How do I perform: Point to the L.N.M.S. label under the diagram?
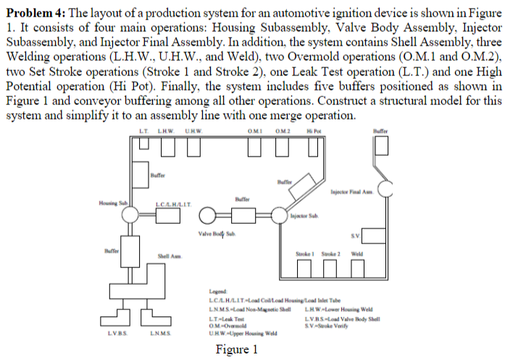pos(160,334)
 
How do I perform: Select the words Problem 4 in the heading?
pos(29,9)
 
